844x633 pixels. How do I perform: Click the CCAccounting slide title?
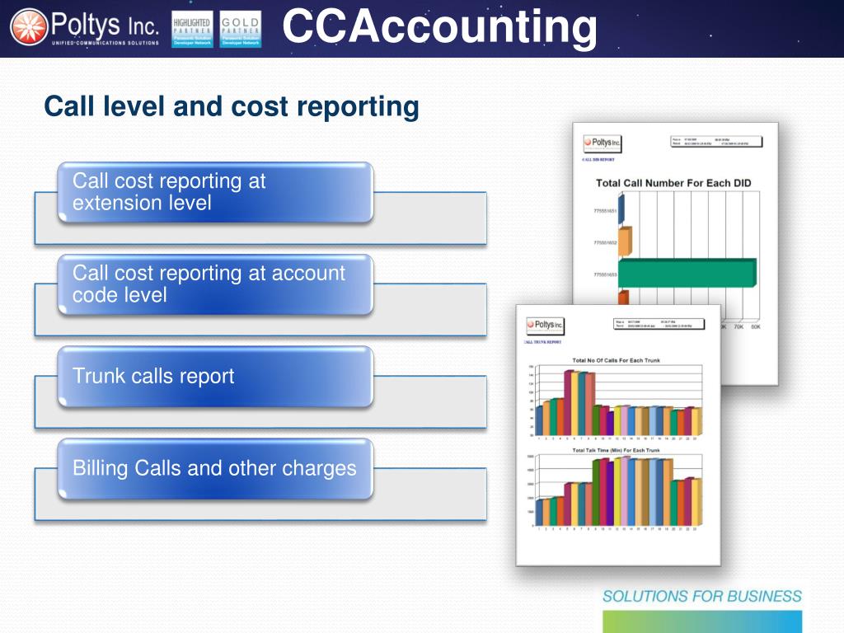pos(439,26)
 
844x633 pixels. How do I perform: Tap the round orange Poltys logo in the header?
pos(28,28)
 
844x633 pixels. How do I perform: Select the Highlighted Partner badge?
pos(191,29)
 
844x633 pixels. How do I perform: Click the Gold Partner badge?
pos(241,29)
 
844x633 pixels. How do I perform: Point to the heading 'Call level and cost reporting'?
pos(232,106)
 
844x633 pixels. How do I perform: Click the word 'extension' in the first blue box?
pos(115,203)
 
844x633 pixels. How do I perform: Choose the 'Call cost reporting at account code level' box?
pos(214,284)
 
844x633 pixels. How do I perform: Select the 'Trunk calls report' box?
pos(214,377)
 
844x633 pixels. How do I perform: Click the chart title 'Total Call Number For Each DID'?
pos(673,183)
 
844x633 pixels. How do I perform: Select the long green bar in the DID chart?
pos(686,273)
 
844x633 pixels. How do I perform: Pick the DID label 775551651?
pos(605,212)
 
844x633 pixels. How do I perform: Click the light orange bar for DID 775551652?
pos(625,241)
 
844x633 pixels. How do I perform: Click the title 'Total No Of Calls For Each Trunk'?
pos(616,361)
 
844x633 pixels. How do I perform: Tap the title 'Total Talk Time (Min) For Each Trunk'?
pos(616,451)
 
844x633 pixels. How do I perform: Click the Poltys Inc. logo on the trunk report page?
pos(545,326)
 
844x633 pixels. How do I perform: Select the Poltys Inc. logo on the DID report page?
pos(603,143)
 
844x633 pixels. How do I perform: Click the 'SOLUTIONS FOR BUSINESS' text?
pos(701,596)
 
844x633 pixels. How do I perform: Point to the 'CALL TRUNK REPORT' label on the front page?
pos(543,342)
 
